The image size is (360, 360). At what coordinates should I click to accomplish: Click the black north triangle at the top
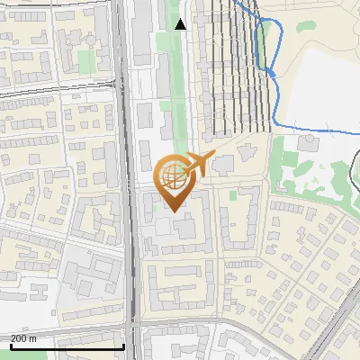181,24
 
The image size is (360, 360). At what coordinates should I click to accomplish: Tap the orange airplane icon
196,164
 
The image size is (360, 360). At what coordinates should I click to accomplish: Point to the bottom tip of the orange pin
170,211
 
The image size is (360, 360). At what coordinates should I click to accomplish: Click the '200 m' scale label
23,338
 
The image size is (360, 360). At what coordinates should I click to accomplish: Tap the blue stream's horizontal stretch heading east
315,131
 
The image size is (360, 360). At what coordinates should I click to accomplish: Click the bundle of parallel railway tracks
238,63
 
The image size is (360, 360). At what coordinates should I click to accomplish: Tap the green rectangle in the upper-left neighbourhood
85,61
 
